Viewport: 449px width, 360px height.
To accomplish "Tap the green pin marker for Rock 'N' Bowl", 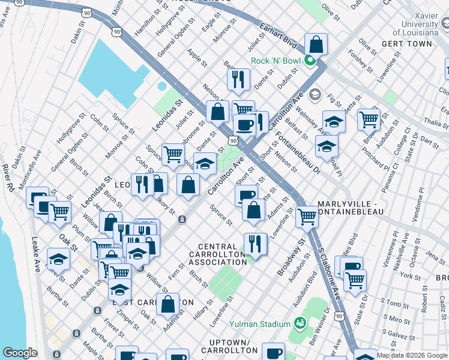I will (x=310, y=60).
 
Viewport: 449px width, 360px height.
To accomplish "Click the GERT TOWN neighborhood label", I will (x=406, y=44).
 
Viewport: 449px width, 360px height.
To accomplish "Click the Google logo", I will (x=20, y=353).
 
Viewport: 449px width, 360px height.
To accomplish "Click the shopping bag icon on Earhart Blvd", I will (x=316, y=45).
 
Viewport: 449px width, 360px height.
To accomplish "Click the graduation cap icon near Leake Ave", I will (x=58, y=259).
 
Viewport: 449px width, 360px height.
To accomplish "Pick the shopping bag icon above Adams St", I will (x=170, y=304).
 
